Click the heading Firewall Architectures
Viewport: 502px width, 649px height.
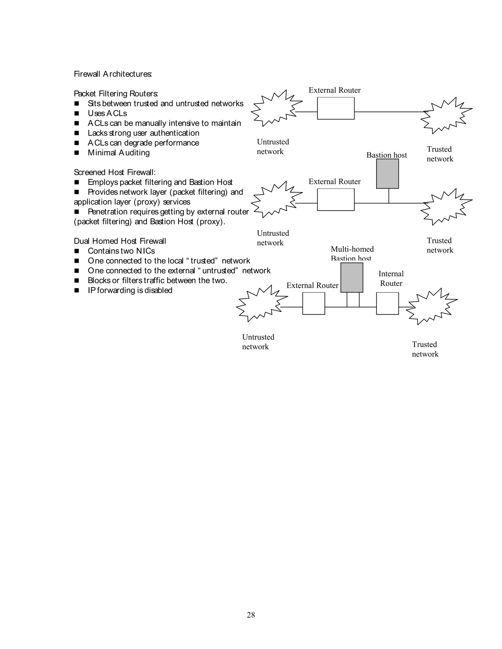coord(113,74)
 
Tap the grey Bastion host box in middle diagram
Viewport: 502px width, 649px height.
coord(387,174)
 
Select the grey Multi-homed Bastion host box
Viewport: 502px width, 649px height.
coord(351,277)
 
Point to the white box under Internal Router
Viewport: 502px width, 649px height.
coord(387,303)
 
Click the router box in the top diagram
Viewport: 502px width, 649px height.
coord(336,108)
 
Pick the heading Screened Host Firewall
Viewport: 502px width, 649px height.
coord(114,172)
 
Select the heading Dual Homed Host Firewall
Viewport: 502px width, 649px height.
coord(120,241)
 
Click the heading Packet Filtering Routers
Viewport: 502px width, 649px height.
coord(116,94)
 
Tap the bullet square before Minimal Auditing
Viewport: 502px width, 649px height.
coord(77,153)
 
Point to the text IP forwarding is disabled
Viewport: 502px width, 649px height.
coord(130,290)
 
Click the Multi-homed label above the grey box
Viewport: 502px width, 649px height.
coord(352,249)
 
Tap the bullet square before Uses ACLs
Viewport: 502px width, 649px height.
coord(77,114)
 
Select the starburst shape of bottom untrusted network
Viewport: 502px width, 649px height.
coord(261,303)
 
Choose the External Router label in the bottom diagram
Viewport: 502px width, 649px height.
coord(312,285)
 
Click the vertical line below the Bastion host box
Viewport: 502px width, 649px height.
coord(389,196)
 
